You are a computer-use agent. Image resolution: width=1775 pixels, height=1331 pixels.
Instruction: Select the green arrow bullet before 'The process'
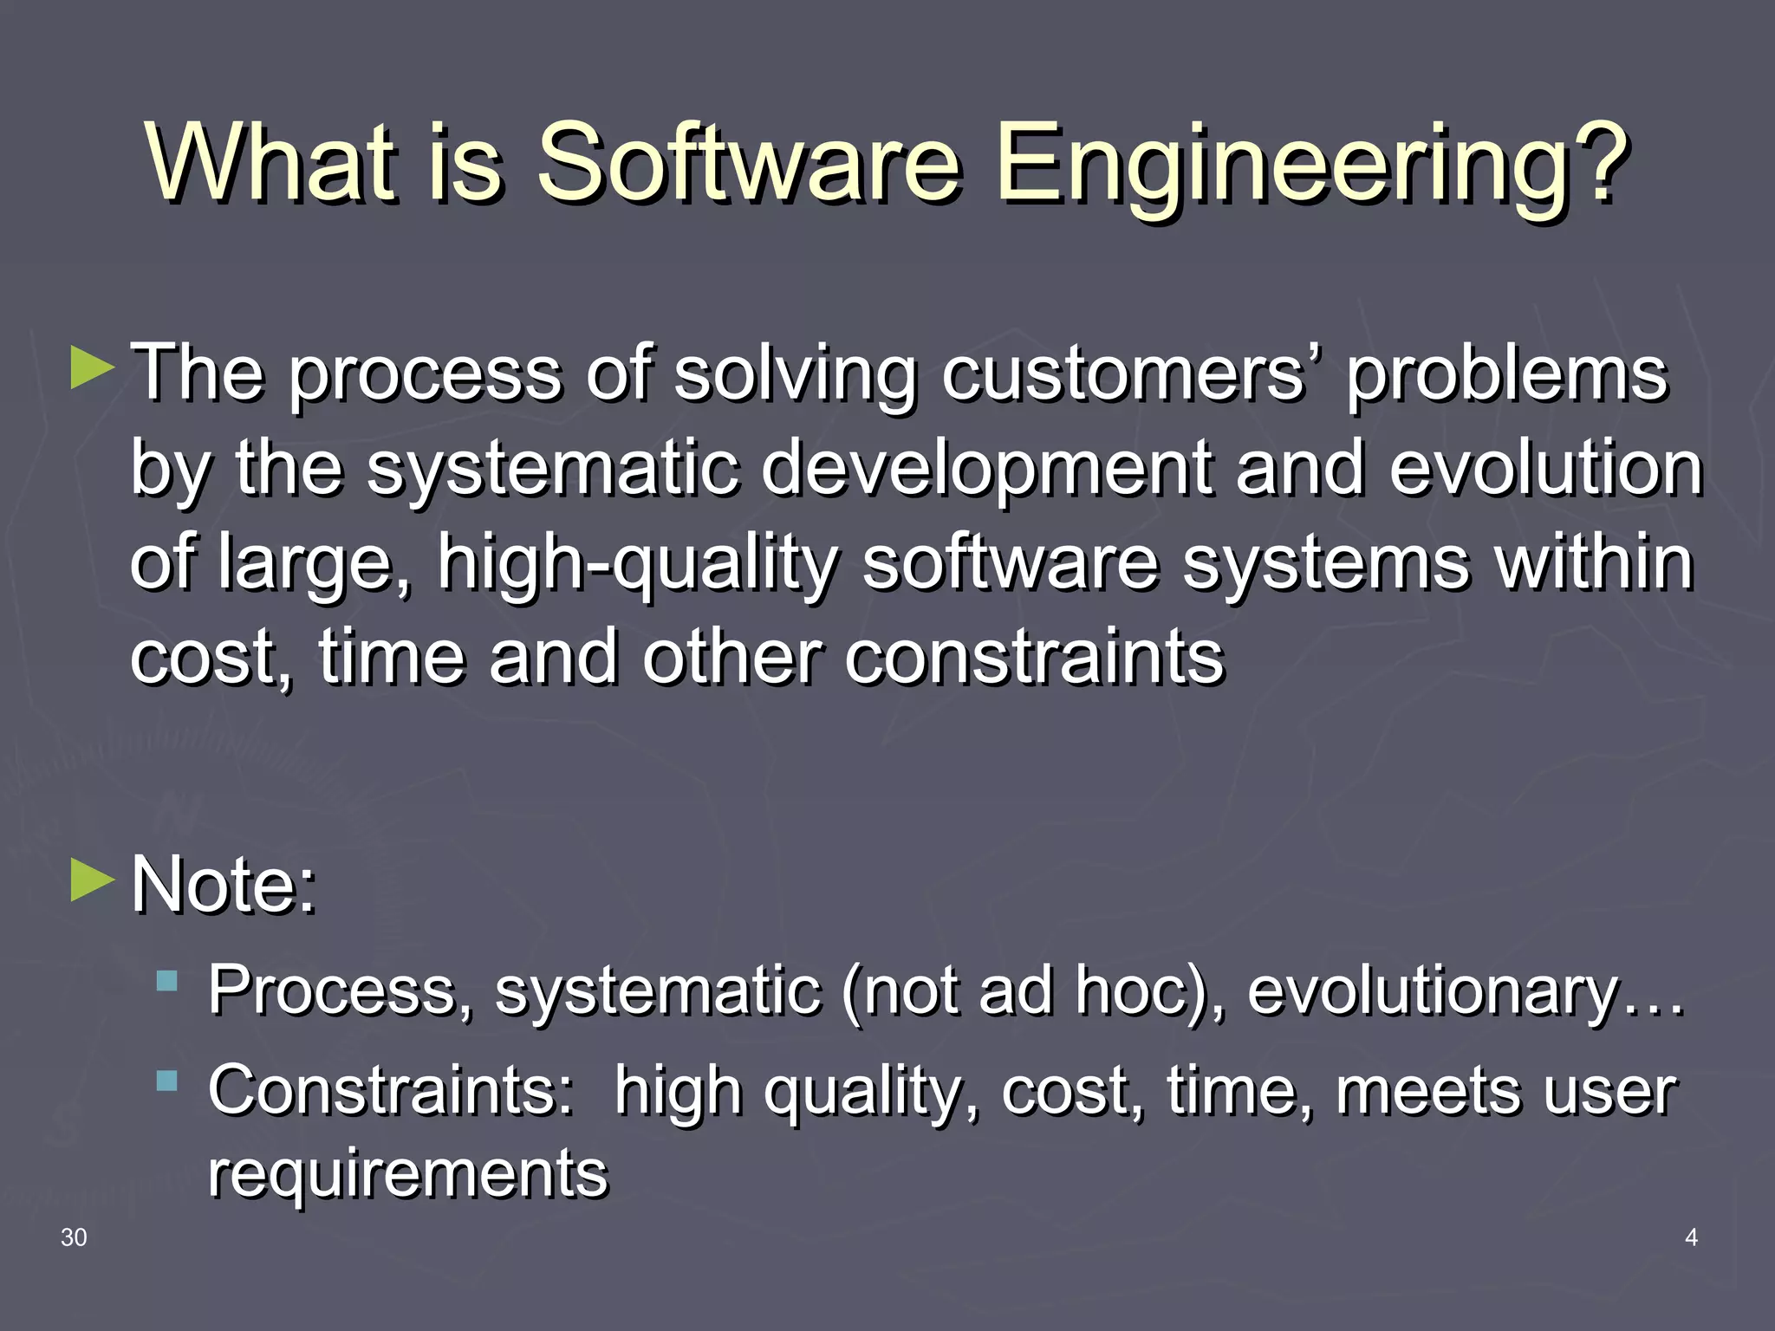[x=92, y=367]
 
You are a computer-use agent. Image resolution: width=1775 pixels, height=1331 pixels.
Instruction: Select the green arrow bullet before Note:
[x=92, y=880]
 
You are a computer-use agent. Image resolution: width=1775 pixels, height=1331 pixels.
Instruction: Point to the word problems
[x=1506, y=374]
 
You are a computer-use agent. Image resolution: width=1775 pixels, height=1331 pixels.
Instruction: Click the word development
[x=986, y=470]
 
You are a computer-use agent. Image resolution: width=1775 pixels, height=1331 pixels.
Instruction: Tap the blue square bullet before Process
[x=167, y=982]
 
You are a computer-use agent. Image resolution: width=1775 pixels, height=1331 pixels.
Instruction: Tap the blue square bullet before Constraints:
[x=167, y=1081]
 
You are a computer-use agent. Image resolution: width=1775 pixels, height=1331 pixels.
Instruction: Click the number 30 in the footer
[x=74, y=1237]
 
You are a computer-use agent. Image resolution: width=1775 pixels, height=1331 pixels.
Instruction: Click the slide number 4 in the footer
[x=1690, y=1237]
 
